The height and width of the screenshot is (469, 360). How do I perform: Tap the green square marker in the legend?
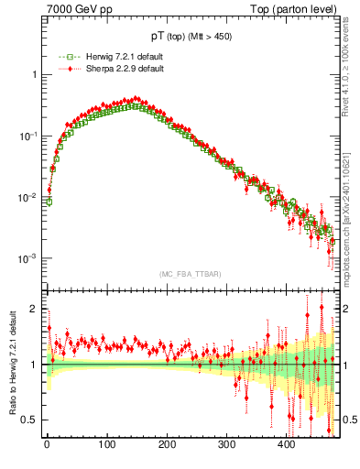62,57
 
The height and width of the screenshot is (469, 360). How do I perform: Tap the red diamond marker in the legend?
62,69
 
